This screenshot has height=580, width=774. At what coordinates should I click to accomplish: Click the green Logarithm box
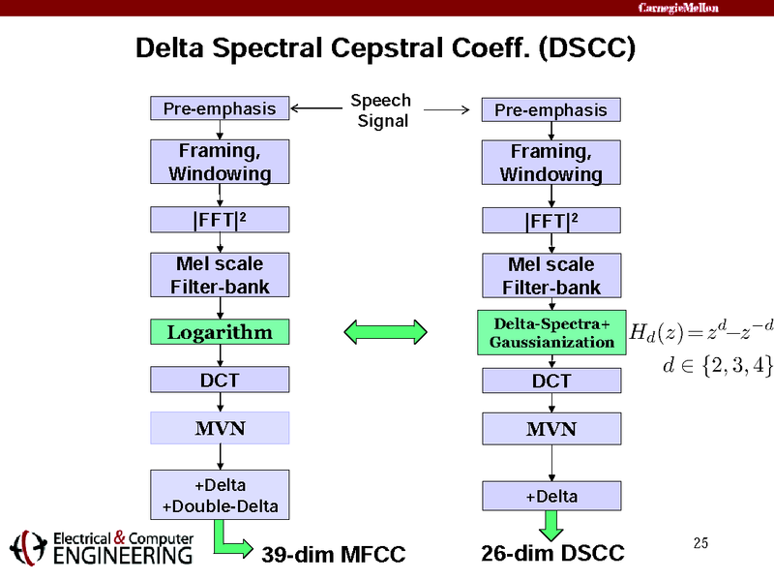220,332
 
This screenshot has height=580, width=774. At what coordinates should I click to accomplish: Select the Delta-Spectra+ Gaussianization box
551,332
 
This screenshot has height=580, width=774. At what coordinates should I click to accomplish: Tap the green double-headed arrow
386,332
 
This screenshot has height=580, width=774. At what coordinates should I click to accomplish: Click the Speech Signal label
380,110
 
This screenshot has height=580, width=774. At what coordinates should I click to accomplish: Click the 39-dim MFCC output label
333,554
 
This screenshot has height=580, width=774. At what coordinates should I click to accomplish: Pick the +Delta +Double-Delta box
220,494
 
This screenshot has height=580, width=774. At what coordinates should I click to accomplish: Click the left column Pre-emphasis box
220,108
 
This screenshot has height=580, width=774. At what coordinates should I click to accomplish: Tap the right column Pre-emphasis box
551,109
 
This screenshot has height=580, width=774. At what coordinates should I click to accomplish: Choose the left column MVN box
220,427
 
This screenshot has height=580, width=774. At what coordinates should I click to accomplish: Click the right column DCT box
551,381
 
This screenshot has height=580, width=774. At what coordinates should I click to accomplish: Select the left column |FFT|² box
220,220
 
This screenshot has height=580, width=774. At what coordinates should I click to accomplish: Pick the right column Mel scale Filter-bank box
551,275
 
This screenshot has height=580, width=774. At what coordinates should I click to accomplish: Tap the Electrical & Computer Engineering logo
102,547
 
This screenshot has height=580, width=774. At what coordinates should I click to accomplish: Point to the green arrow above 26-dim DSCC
551,525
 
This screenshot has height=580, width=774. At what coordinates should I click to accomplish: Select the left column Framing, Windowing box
220,162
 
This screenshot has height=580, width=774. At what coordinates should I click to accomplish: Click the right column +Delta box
551,496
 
